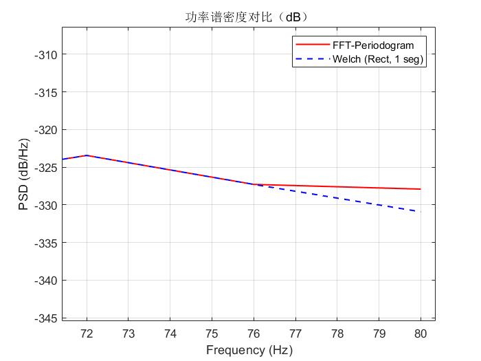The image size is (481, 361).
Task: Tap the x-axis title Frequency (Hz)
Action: click(249, 350)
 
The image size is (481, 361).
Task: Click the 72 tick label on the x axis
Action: click(87, 333)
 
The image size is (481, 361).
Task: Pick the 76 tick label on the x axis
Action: click(254, 333)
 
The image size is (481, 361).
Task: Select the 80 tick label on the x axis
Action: click(421, 333)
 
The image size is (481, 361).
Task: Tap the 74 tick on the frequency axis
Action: click(170, 333)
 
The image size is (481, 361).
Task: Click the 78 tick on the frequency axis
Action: click(337, 333)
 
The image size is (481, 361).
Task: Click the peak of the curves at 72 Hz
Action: click(87, 155)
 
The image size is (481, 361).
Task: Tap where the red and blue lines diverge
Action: click(254, 184)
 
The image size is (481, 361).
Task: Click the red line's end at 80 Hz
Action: click(421, 189)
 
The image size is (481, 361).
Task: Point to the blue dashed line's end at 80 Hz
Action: click(421, 212)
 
